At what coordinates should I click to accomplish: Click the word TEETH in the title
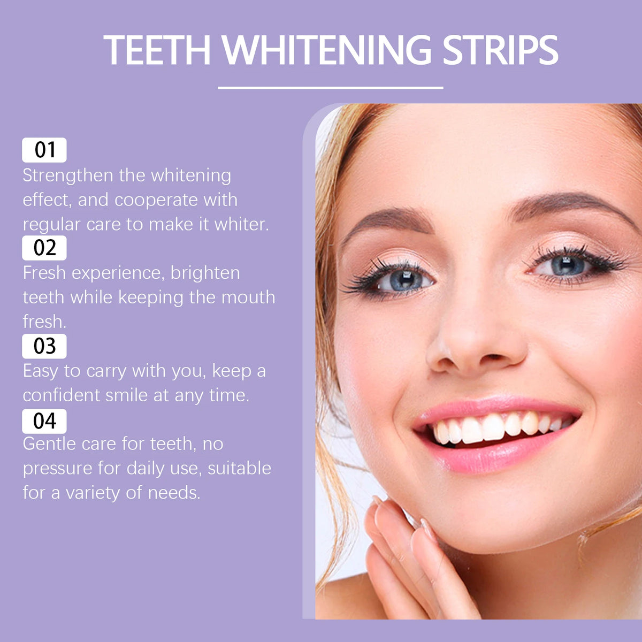pos(157,50)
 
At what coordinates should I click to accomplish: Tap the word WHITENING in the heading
pos(326,50)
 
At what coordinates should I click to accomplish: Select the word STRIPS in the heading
pos(500,50)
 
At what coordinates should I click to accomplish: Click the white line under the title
pos(331,87)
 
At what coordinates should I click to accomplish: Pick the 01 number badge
pos(44,150)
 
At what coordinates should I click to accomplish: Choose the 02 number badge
pos(44,248)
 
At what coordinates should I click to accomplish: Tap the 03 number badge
pos(44,346)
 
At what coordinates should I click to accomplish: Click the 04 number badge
pos(44,421)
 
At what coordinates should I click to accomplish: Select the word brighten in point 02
pos(205,273)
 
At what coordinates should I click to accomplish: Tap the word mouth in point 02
pos(248,297)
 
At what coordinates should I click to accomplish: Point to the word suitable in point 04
pos(239,468)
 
